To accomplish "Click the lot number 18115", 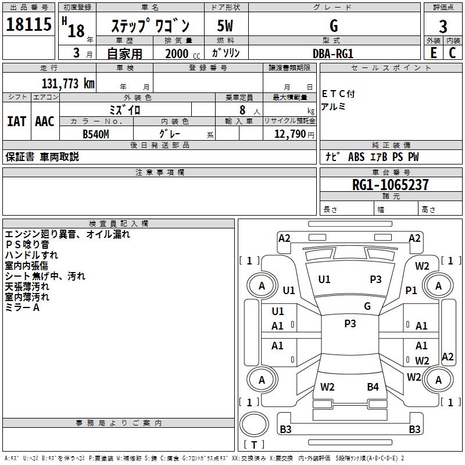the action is point(28,24).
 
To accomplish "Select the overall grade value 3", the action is point(443,26).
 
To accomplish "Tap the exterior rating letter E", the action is point(433,53).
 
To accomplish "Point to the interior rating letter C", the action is point(452,53).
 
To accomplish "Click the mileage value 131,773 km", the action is point(68,84).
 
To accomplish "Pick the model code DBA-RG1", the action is point(332,53).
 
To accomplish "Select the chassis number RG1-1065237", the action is point(390,185).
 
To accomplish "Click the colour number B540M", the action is point(96,134).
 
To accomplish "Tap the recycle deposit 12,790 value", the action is point(289,134).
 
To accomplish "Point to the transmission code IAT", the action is point(16,121).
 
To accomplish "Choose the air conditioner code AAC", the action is point(45,121).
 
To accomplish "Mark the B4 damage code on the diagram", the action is point(373,387).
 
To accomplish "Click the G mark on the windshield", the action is point(367,306).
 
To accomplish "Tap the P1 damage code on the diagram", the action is point(411,290).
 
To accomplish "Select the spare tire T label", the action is point(254,445).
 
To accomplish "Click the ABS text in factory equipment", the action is point(356,156).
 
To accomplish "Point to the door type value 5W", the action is point(225,26).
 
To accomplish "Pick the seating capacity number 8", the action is point(242,110).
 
